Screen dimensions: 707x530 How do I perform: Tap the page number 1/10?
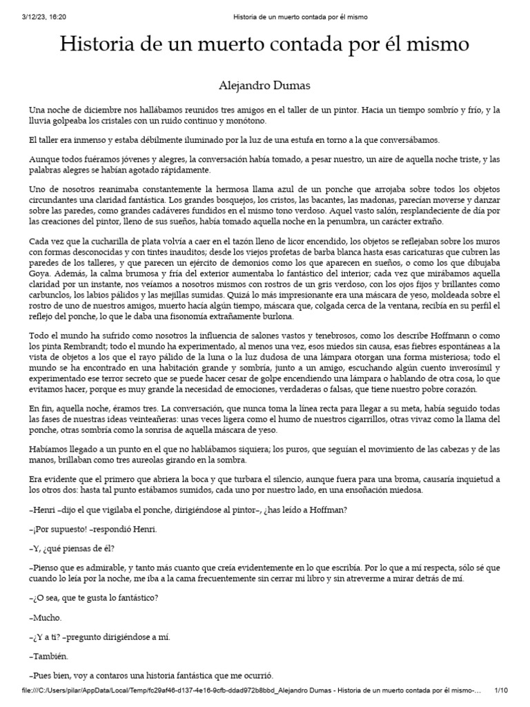(x=502, y=691)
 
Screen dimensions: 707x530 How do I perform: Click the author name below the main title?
(x=265, y=86)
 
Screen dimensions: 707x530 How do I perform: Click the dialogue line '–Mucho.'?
(x=46, y=617)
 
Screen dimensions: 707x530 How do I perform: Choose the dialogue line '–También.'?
(x=49, y=656)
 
